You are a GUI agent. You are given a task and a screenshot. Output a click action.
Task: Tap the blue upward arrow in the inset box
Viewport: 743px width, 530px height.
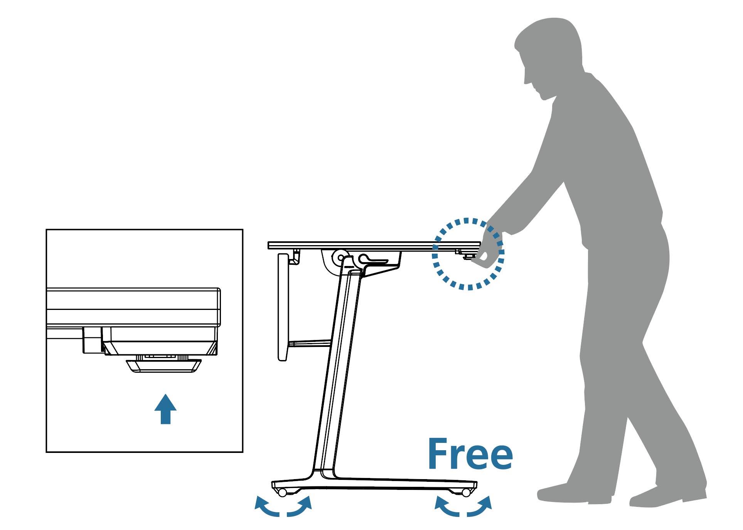click(165, 409)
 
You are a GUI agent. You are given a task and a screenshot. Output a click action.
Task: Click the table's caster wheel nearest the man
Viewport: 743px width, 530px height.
click(466, 492)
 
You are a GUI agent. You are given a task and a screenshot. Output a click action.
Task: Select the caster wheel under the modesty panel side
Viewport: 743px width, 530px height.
click(283, 492)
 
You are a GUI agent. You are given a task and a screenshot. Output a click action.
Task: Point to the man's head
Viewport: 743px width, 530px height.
click(548, 54)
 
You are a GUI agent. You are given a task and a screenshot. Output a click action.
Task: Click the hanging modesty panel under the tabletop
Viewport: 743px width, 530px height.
click(283, 306)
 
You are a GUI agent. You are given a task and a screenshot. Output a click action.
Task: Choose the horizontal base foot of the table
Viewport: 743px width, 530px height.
click(374, 484)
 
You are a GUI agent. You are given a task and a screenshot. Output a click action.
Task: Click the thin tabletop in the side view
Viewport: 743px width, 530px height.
click(374, 246)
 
